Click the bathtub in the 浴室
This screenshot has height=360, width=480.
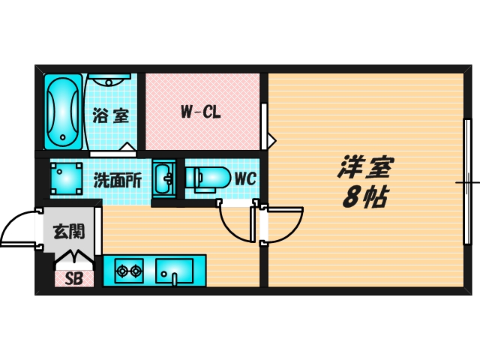62,110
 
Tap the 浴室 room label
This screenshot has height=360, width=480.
112,116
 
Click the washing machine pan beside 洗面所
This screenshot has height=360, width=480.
66,179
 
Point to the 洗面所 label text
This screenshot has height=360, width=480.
117,180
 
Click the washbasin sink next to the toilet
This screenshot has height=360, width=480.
163,178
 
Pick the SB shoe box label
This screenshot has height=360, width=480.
73,278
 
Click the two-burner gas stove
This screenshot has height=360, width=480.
127,270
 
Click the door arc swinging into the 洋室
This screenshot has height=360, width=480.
289,226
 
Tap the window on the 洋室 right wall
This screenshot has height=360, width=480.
466,182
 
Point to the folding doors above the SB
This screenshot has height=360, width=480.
74,259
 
